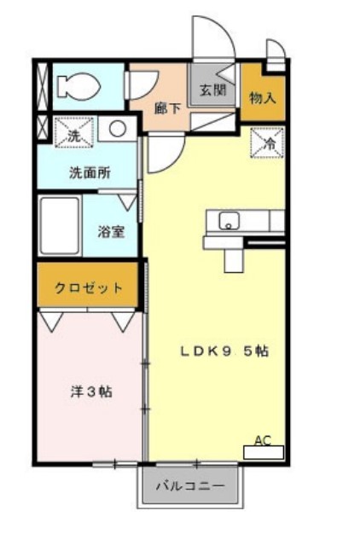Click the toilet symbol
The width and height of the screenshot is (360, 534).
click(77, 85)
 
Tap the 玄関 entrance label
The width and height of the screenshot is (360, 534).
click(212, 89)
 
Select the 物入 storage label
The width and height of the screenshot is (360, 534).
click(262, 96)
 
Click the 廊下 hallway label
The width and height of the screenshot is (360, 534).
click(166, 107)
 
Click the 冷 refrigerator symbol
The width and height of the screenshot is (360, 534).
click(266, 143)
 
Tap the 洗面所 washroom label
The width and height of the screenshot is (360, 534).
click(89, 171)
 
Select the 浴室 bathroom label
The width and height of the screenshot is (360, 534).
click(112, 230)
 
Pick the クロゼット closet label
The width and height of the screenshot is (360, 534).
click(88, 287)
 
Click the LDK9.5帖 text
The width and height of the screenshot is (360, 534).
click(224, 350)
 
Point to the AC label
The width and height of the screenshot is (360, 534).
click(263, 441)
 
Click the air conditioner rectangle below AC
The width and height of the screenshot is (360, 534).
click(263, 453)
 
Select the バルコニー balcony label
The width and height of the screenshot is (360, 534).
click(190, 487)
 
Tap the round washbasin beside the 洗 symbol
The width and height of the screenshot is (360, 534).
click(117, 131)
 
